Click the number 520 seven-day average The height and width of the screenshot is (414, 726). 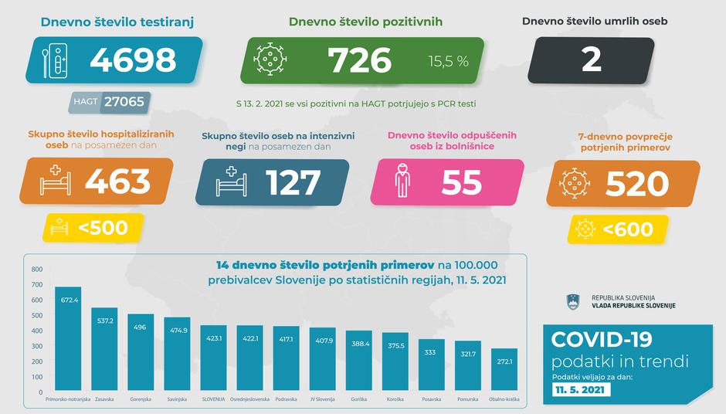coord(637,184)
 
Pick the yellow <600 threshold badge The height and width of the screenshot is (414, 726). coord(618,229)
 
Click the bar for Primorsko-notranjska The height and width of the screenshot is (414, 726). coord(67,340)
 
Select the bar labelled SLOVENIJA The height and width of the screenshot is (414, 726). coord(213,359)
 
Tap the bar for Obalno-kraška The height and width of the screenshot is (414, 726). coord(504,371)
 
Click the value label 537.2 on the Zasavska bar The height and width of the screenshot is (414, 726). coord(104,321)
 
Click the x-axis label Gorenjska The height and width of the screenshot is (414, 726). coord(141,399)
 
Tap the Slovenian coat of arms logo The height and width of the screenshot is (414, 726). coord(573,301)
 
